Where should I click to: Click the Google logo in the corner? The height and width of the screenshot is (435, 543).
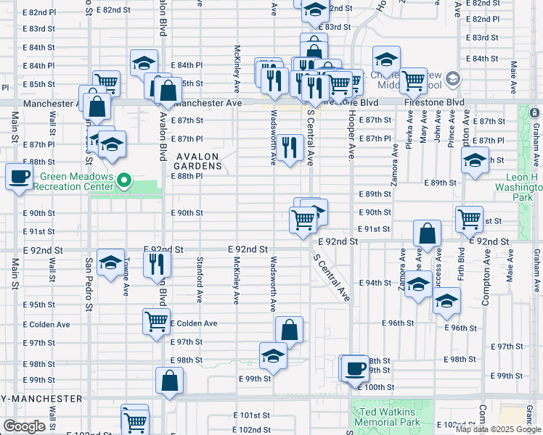point(25,426)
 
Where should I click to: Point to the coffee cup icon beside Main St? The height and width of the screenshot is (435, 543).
point(20,176)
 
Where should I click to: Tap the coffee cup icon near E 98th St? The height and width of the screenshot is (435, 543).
point(354,368)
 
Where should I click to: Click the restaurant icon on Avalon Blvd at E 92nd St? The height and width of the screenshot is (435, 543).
point(156,265)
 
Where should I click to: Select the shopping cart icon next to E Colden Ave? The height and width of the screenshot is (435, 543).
point(156,321)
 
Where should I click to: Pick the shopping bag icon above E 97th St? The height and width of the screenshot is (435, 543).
point(289,329)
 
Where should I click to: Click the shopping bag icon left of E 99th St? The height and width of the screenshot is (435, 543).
point(169,381)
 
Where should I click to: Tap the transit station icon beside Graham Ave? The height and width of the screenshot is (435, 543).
point(535,113)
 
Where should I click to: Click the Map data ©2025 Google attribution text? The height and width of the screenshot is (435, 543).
point(498,428)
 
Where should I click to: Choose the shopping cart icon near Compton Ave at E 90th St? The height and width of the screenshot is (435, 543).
point(469,217)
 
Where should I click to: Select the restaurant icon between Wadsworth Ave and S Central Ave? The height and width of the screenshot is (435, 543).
point(290,148)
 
